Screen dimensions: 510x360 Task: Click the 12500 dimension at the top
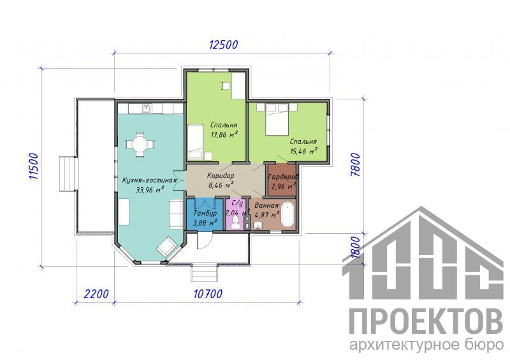pyautogui.click(x=223, y=45)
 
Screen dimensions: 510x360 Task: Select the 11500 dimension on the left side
pyautogui.click(x=34, y=166)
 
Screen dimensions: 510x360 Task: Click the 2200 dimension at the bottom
pyautogui.click(x=96, y=294)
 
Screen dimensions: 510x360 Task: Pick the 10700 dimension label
pyautogui.click(x=208, y=294)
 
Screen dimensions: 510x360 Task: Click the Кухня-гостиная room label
pyautogui.click(x=149, y=180)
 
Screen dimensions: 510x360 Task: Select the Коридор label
pyautogui.click(x=221, y=176)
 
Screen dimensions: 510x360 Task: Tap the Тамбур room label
pyautogui.click(x=205, y=213)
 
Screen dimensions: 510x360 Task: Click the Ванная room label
pyautogui.click(x=266, y=206)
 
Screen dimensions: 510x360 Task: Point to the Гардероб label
pyautogui.click(x=282, y=177)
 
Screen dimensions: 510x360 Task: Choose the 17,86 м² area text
pyautogui.click(x=224, y=134)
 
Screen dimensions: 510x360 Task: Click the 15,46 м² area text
pyautogui.click(x=303, y=151)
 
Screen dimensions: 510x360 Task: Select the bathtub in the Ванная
pyautogui.click(x=288, y=215)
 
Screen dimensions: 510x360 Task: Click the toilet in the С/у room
pyautogui.click(x=235, y=224)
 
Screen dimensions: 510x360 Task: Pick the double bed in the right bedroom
pyautogui.click(x=277, y=119)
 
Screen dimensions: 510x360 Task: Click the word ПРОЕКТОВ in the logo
pyautogui.click(x=426, y=321)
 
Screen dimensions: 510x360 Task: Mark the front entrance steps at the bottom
pyautogui.click(x=203, y=273)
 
